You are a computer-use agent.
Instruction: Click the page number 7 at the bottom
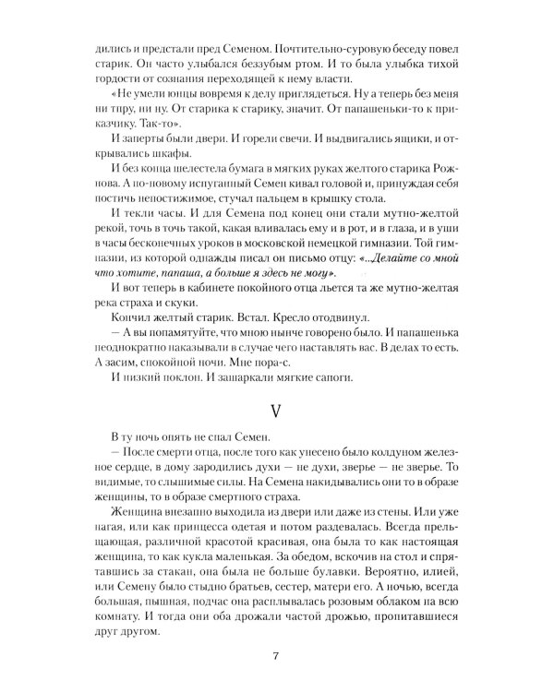(276, 658)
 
